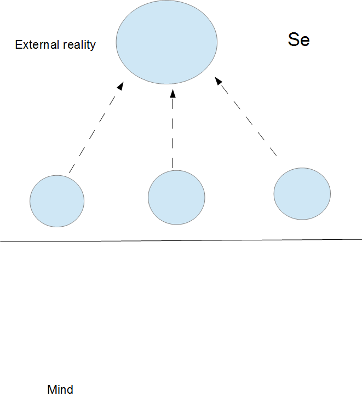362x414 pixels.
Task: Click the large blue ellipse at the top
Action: [x=167, y=42]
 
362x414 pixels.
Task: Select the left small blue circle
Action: [x=57, y=201]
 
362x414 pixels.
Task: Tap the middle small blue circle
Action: [x=176, y=197]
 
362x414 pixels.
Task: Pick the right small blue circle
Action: [x=302, y=194]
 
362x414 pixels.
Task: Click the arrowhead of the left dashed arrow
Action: [x=120, y=86]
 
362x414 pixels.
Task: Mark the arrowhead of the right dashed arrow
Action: [x=217, y=81]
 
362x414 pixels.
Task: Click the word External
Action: [x=36, y=45]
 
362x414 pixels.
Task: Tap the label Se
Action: [x=298, y=40]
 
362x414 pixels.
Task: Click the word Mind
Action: [x=60, y=390]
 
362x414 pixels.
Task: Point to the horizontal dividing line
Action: [x=181, y=240]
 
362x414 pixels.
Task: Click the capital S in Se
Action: [x=294, y=40]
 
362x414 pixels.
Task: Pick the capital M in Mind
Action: [x=51, y=390]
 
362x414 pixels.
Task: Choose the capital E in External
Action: [x=18, y=45]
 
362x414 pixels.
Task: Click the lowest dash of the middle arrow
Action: [x=173, y=163]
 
